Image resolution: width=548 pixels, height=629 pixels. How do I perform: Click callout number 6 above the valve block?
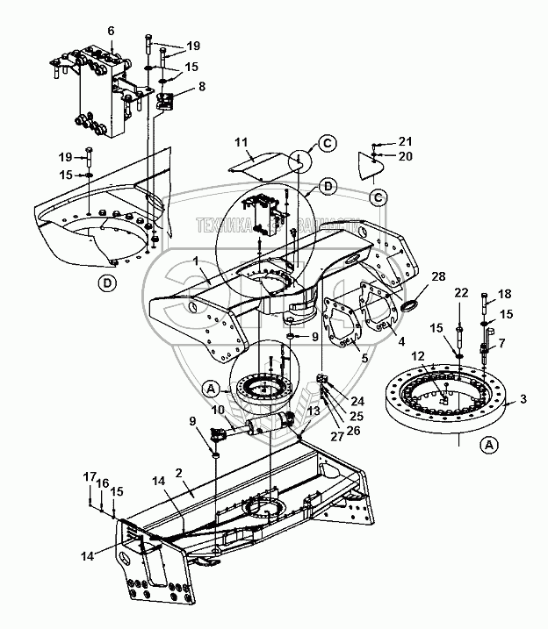[x=112, y=31]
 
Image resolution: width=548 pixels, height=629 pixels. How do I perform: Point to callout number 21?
[x=405, y=141]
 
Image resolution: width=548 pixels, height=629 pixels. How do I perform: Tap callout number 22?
[x=461, y=292]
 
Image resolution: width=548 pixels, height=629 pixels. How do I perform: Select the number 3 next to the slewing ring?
[x=523, y=400]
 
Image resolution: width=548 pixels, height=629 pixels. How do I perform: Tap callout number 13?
[x=314, y=411]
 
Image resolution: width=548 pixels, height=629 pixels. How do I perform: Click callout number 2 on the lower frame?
[x=178, y=471]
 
